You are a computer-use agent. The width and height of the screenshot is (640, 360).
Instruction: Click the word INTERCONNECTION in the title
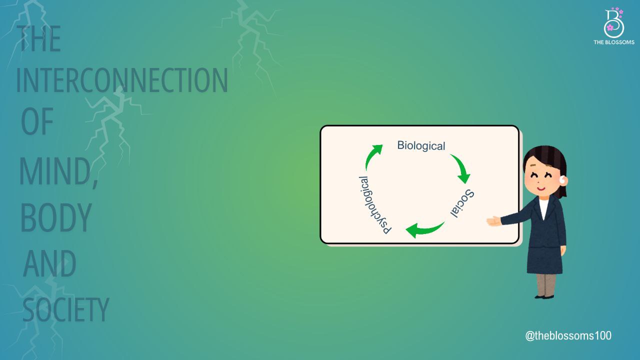(122, 80)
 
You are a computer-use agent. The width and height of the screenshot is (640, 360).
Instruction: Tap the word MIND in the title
(55, 171)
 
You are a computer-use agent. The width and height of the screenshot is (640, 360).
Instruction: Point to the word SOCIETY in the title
(65, 309)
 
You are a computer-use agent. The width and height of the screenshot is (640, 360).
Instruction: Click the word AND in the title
(49, 263)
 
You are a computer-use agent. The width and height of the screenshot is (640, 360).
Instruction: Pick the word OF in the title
(37, 121)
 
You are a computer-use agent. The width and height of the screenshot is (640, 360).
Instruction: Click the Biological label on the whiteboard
(421, 145)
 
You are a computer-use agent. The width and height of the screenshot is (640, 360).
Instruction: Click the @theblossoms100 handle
(568, 335)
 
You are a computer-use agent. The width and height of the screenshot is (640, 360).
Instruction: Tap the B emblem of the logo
(613, 23)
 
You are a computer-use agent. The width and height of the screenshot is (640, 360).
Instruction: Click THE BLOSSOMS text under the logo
(613, 42)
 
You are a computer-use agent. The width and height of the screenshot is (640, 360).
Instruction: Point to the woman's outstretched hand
(493, 221)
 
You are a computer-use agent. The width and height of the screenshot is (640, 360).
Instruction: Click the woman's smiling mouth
(540, 188)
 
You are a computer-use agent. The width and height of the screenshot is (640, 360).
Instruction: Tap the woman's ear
(563, 180)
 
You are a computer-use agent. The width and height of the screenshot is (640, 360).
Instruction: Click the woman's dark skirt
(544, 260)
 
